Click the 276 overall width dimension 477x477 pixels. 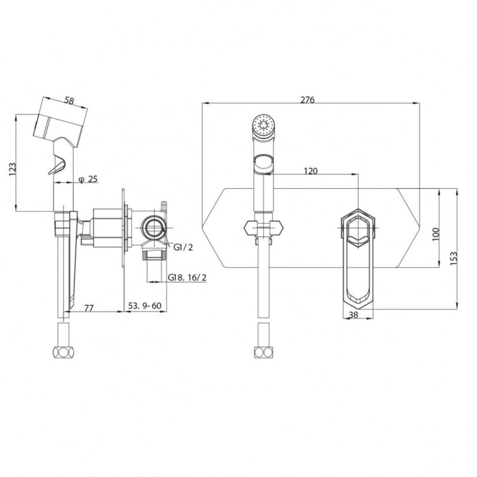click(307, 99)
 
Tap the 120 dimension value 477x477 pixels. click(310, 171)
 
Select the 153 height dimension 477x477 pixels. click(453, 258)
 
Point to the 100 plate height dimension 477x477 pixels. click(436, 234)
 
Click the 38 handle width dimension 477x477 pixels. click(354, 315)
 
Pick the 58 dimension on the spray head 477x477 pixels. click(70, 100)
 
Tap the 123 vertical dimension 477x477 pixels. click(13, 169)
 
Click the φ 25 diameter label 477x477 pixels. click(88, 179)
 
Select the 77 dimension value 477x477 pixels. click(88, 308)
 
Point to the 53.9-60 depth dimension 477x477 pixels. click(144, 305)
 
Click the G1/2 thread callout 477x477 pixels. click(183, 247)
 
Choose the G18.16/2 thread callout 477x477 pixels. click(187, 277)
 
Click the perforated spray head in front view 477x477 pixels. click(263, 125)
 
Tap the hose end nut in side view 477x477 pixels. click(63, 352)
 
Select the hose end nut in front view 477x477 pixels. click(263, 352)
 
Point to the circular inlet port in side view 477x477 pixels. click(154, 227)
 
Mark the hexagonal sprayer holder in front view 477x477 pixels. click(263, 228)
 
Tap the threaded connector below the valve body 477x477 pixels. click(155, 251)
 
